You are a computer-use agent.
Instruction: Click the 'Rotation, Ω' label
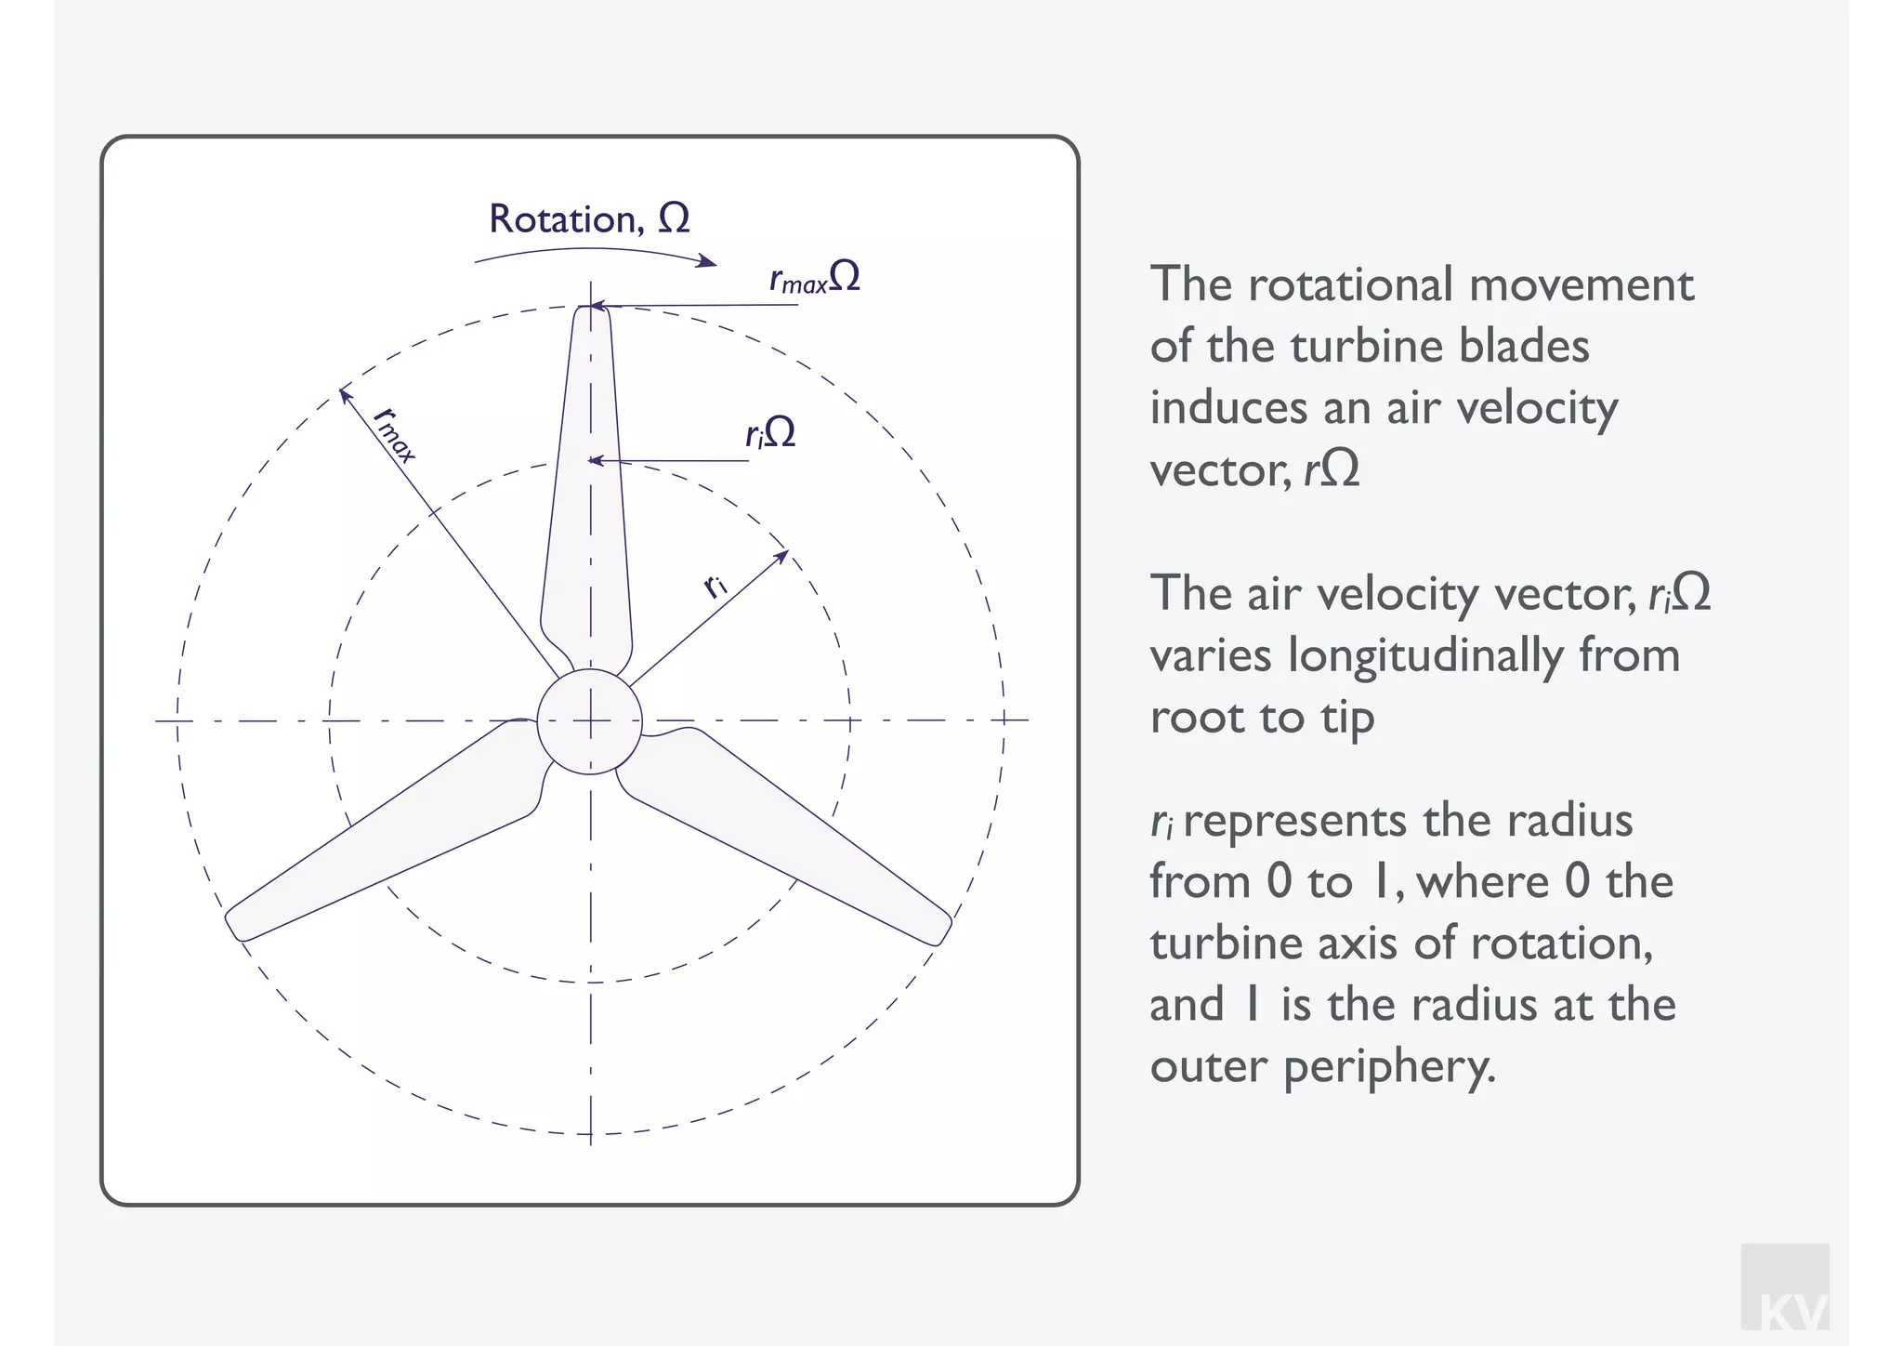pos(589,219)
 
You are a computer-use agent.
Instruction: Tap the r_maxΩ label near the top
pos(815,278)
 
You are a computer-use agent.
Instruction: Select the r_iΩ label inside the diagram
pos(770,433)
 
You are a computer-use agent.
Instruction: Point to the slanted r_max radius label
pos(394,433)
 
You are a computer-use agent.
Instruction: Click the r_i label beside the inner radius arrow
pos(715,586)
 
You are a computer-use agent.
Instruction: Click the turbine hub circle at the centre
pos(589,720)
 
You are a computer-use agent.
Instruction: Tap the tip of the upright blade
pos(591,314)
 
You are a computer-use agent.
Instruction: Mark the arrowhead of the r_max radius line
pos(344,393)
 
